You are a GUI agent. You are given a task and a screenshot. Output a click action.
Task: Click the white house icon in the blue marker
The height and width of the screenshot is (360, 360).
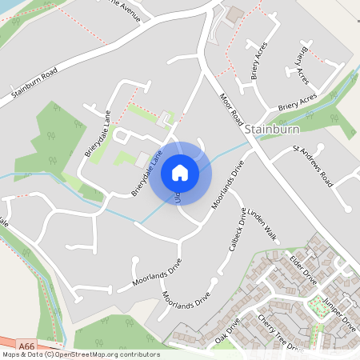click(x=179, y=172)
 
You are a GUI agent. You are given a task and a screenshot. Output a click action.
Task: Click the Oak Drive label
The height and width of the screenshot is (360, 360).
click(x=228, y=332)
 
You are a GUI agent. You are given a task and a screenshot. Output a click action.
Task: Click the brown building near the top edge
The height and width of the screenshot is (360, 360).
click(x=234, y=14)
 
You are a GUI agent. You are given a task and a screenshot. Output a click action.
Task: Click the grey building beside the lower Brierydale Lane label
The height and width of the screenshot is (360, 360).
click(x=141, y=160)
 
